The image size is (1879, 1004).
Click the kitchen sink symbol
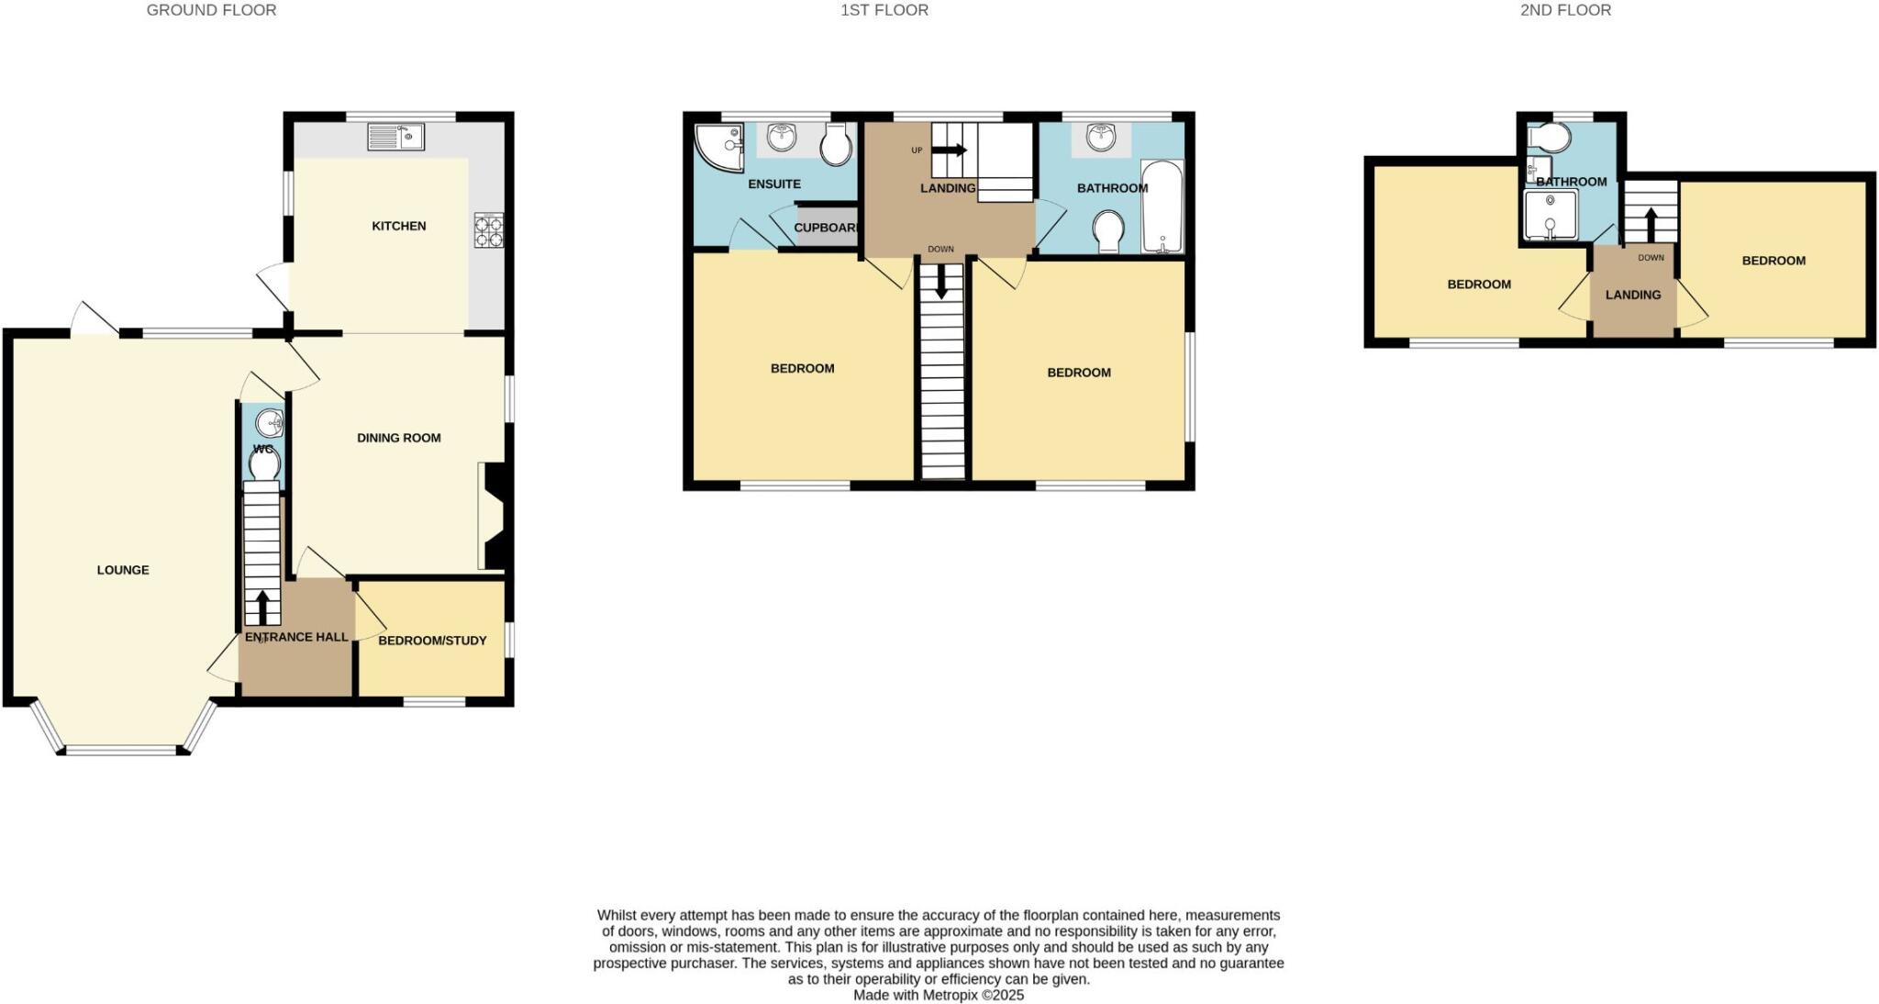tap(395, 137)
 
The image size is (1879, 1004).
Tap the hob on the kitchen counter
tap(488, 230)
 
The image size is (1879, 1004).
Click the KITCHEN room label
tap(398, 226)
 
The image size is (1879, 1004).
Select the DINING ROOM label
tap(398, 438)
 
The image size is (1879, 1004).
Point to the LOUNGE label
tap(123, 570)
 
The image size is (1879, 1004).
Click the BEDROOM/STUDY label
tap(432, 641)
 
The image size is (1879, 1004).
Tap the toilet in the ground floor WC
tap(264, 464)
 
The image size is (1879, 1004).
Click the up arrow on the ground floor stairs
tap(262, 607)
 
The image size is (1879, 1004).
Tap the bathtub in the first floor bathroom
tap(1162, 206)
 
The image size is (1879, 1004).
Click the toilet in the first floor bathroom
tap(1109, 230)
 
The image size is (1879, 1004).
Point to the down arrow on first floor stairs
tap(941, 281)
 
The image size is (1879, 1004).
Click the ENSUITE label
tap(774, 184)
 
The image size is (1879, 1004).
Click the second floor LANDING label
tap(1633, 295)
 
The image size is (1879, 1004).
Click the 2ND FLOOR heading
tap(1565, 10)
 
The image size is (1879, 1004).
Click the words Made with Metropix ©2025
tap(938, 995)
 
